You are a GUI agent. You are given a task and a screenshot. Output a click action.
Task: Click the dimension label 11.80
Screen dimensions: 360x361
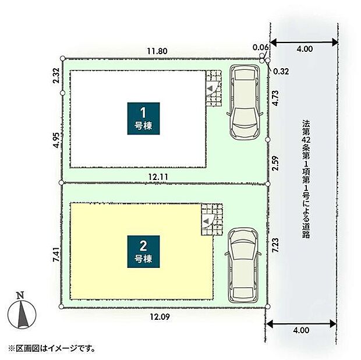[157, 51]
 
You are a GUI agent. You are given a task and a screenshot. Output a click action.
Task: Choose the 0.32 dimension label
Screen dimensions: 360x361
[281, 70]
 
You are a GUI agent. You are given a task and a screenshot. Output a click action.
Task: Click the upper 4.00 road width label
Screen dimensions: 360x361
[304, 50]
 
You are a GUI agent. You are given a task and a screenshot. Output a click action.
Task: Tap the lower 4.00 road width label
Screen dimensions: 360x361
[301, 330]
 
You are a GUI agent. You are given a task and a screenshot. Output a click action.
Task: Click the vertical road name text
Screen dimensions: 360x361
[305, 180]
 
